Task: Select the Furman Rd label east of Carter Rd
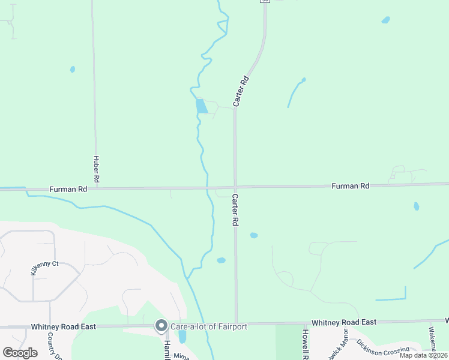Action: [x=351, y=187]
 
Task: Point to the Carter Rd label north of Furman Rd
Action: [x=241, y=91]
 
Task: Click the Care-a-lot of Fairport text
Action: [x=208, y=326]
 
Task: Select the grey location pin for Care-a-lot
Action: [x=161, y=326]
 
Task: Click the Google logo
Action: [x=20, y=353]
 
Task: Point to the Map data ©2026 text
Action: [x=423, y=355]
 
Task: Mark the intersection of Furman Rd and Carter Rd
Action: [x=235, y=187]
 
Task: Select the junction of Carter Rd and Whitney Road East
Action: [x=236, y=323]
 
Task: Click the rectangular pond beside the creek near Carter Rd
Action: [x=201, y=106]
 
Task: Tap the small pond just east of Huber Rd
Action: [x=73, y=69]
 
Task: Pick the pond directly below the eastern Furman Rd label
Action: [x=416, y=206]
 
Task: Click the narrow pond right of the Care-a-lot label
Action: [x=182, y=337]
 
